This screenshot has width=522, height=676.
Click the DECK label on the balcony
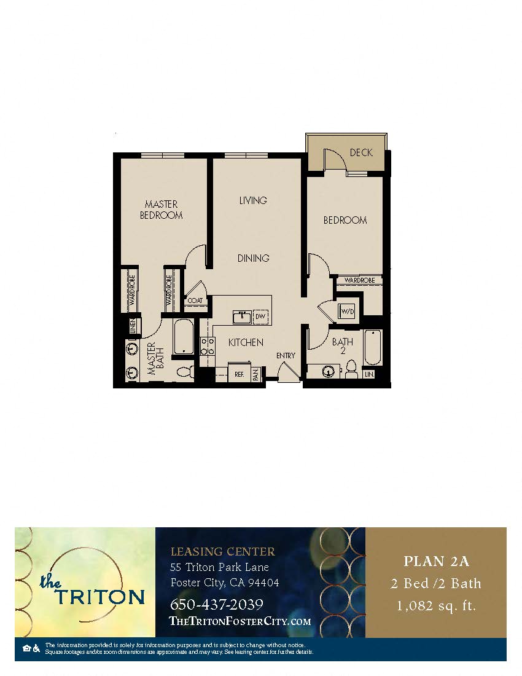coord(361,152)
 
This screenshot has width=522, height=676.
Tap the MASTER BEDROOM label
coord(162,210)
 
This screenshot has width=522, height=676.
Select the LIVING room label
coord(253,200)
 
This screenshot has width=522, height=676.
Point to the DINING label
coord(254,258)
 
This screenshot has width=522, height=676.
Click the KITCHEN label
coord(246,342)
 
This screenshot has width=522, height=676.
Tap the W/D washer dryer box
coord(347,312)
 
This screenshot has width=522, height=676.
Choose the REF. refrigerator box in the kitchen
coord(237,373)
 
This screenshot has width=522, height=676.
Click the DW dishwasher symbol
coord(260,316)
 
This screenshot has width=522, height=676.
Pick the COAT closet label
coord(195,301)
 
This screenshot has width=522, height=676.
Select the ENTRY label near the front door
coord(286,355)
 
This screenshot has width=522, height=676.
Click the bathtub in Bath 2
coord(373,348)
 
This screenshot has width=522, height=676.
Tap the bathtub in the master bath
coord(184,337)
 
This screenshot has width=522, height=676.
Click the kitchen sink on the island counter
coord(241,316)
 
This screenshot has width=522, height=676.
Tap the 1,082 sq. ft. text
coord(436,605)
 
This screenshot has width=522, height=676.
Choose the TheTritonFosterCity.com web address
coord(240,621)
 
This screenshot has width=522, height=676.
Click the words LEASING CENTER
coord(222,551)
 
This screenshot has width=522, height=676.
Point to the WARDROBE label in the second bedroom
coord(359,280)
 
